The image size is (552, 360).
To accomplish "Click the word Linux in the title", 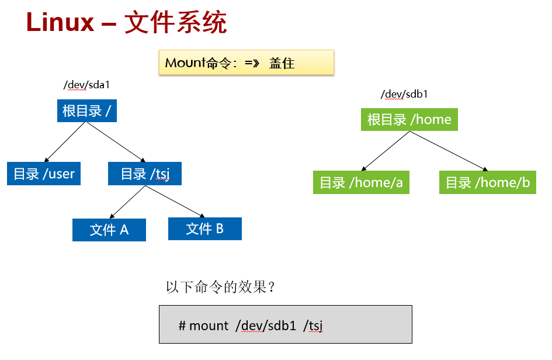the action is [60, 22].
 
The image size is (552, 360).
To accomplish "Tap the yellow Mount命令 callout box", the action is [247, 63].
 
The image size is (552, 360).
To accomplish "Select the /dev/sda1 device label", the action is [86, 85].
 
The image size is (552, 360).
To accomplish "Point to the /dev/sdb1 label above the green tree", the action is [404, 94].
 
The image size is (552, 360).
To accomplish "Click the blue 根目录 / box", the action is [87, 110].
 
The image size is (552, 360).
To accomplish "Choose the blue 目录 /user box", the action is [44, 174].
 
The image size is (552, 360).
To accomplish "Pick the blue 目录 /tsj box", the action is [145, 174].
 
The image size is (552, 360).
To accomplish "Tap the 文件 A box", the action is [109, 230].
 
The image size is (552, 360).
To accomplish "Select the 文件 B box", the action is [205, 229].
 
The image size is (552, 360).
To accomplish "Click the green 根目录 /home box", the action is [409, 119].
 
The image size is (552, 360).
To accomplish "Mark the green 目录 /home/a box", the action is [361, 182].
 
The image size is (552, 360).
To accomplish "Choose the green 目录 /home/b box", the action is [488, 182].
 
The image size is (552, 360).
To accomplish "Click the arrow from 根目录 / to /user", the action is [65, 142].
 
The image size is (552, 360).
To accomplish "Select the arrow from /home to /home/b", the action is [449, 151].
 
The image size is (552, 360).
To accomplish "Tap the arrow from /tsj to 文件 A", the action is [127, 202].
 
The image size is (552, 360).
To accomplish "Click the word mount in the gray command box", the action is [209, 326].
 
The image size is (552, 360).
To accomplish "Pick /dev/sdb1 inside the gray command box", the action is [266, 326].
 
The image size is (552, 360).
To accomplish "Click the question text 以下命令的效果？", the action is [220, 287].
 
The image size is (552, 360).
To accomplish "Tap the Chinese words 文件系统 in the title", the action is [176, 22].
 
